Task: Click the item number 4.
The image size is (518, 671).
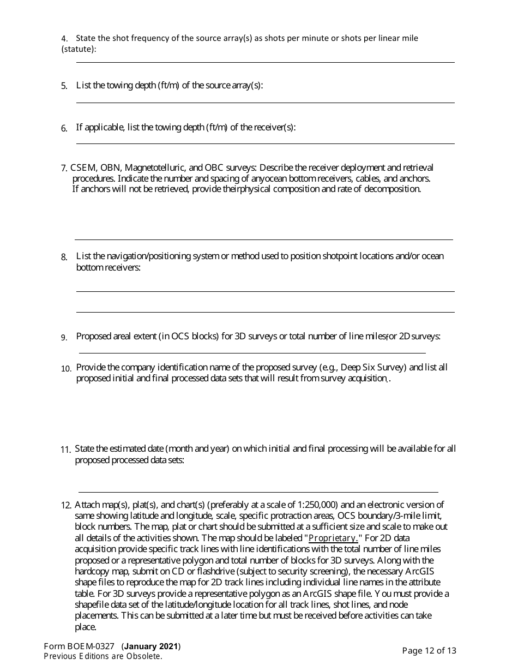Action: [x=64, y=39]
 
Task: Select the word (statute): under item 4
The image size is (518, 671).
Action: [x=79, y=49]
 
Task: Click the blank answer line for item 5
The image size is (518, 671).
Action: [x=265, y=103]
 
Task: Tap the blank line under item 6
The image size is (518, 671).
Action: [x=265, y=143]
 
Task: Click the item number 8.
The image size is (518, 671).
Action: [x=64, y=257]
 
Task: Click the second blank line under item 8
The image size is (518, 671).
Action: [x=265, y=312]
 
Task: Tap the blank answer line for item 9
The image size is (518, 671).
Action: [x=252, y=353]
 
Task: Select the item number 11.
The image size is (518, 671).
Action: [x=65, y=450]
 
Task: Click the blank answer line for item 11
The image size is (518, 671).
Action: [x=258, y=492]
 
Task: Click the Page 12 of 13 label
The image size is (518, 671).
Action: [x=429, y=650]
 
